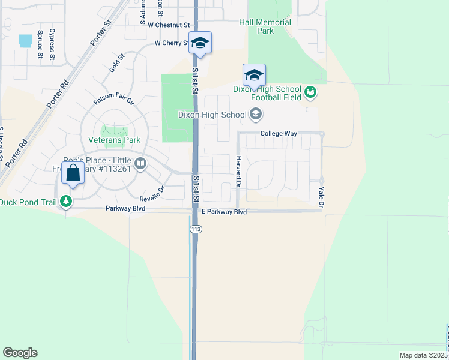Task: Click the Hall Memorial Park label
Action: coord(265,26)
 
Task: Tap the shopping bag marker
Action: coord(73,174)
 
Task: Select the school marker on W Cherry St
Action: coord(200,43)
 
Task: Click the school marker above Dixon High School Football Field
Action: coord(254,76)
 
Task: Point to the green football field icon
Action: coord(310,92)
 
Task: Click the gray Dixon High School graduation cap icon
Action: coord(255,114)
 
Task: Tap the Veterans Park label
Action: coord(114,140)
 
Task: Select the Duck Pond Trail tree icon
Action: coord(67,202)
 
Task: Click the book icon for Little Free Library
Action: coord(140,164)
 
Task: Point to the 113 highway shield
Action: coord(196,229)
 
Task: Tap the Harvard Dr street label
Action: coord(238,170)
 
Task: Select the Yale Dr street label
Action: coord(321,197)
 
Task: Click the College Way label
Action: coord(279,134)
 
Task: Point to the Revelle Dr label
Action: coord(152,194)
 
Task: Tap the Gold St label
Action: coord(117,64)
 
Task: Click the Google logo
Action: coord(20,353)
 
